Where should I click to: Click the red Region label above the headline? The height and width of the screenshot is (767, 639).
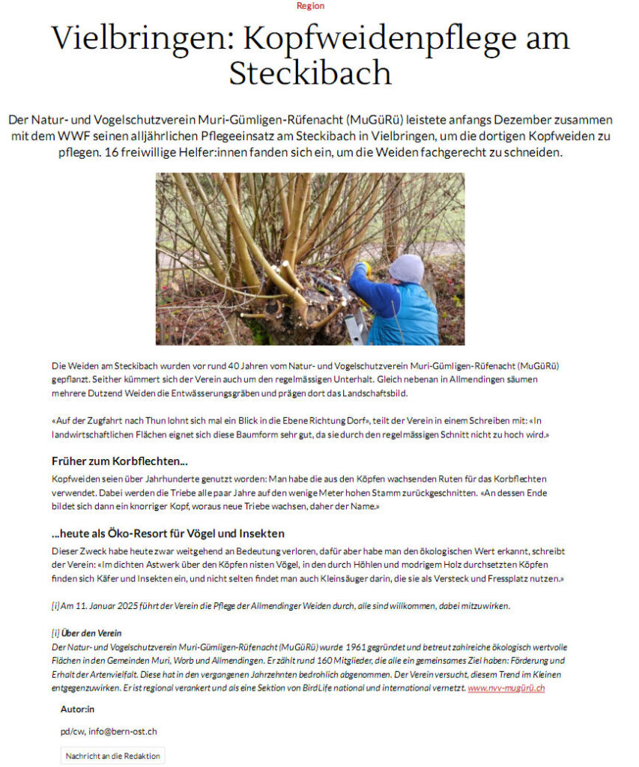click(x=310, y=6)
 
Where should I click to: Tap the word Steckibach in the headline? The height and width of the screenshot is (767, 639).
click(x=310, y=73)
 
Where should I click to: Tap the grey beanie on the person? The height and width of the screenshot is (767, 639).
click(x=407, y=267)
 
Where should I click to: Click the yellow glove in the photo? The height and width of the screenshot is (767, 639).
click(x=363, y=268)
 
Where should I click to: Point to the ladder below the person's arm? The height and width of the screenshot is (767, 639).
click(x=354, y=326)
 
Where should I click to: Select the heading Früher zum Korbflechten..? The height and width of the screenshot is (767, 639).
click(x=120, y=461)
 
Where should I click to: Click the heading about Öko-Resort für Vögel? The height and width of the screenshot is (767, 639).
click(x=168, y=533)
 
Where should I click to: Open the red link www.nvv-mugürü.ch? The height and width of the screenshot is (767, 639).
click(x=506, y=688)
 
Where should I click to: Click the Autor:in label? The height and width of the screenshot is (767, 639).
click(x=78, y=709)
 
